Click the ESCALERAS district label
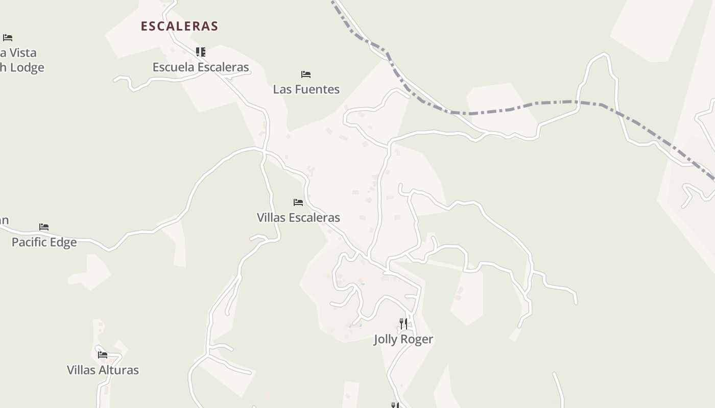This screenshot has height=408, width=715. [179, 26]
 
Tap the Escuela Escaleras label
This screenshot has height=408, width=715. [201, 67]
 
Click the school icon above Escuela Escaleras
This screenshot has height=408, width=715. [201, 52]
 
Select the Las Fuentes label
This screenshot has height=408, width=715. [306, 89]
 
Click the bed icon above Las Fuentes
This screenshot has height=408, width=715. [306, 74]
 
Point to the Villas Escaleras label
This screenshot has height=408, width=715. [298, 218]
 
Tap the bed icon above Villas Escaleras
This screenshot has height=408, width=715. [298, 202]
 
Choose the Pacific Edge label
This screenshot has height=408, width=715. [44, 242]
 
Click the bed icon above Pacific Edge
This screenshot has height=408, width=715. [44, 227]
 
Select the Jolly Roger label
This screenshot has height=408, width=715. [403, 339]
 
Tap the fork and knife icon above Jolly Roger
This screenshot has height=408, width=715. [403, 323]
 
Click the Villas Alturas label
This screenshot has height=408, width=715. [103, 370]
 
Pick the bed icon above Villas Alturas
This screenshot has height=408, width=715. [103, 355]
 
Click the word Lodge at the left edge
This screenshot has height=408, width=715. [26, 67]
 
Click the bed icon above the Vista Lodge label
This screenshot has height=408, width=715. [8, 38]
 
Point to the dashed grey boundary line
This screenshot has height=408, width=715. [511, 110]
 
